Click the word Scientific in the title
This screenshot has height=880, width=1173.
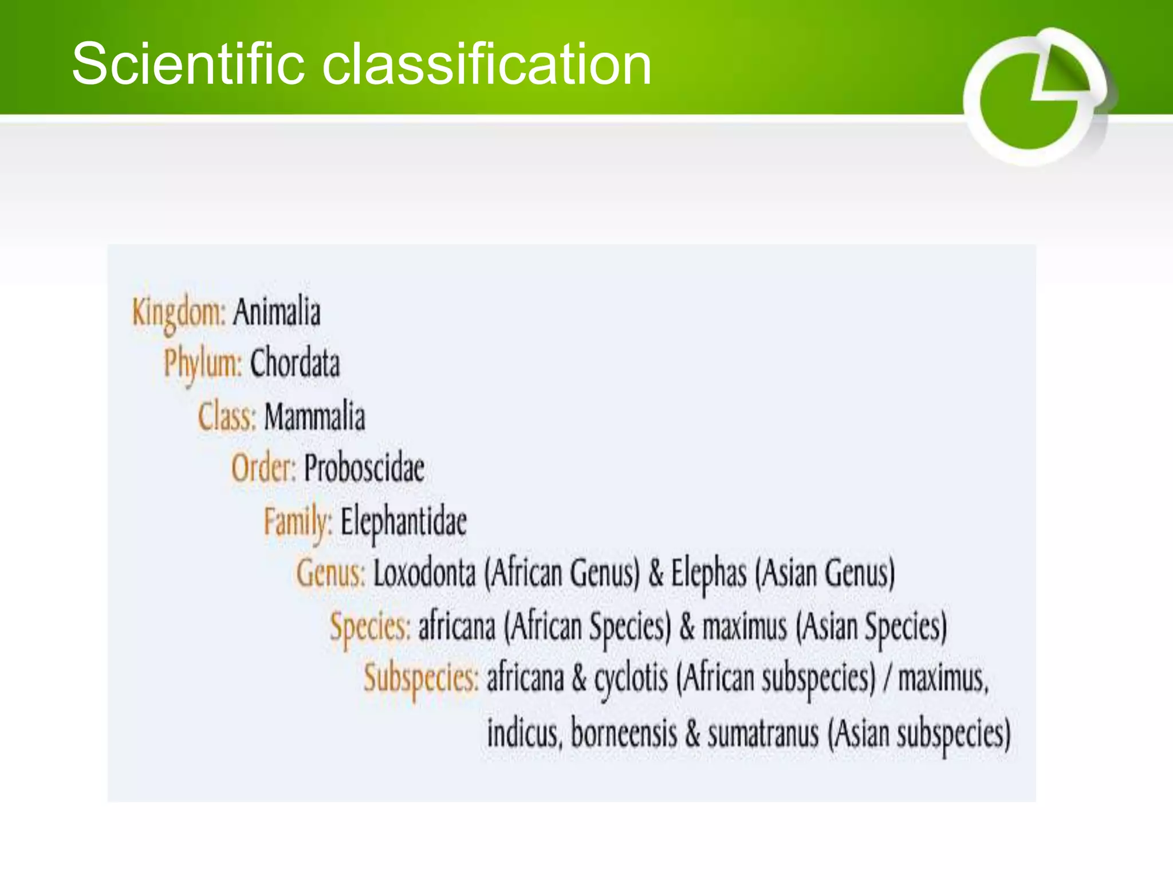188,64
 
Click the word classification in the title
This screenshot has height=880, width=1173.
487,64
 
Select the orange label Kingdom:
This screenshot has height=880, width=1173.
179,313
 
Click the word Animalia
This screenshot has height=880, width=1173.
277,312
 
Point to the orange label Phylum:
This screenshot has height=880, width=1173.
203,363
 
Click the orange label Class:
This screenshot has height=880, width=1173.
227,416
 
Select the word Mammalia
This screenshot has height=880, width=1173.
314,416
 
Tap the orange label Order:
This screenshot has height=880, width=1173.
263,468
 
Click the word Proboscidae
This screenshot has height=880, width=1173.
364,468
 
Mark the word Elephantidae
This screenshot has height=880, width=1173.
404,521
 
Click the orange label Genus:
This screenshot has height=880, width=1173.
330,573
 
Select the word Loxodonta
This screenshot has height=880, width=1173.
424,573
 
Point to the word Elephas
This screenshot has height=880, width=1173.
708,573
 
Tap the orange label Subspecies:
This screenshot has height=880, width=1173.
421,678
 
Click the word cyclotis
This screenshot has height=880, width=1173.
631,678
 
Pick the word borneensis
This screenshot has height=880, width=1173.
624,733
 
